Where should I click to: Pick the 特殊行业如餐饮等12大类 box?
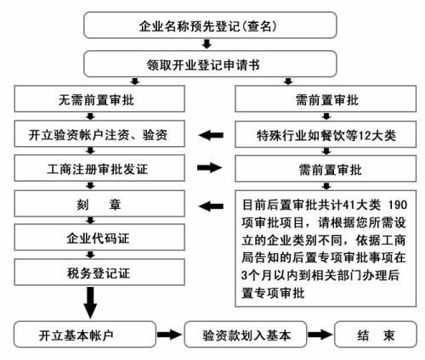pos(322,134)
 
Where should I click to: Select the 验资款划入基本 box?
pos(252,335)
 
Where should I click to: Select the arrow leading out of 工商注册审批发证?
pos(211,168)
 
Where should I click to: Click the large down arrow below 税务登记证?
pos(90,301)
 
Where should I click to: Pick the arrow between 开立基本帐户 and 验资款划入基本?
pos(171,335)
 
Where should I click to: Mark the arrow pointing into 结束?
pos(322,335)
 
